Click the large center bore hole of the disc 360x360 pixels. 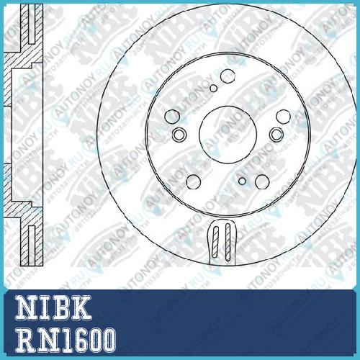pos(228,135)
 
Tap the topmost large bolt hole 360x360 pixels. pos(228,76)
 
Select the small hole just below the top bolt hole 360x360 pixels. pos(213,89)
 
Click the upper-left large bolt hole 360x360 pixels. pos(172,117)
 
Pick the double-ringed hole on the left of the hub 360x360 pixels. pos(179,135)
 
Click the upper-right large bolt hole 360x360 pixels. pos(284,117)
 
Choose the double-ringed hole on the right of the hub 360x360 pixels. pos(276,135)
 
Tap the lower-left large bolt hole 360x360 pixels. pos(194,181)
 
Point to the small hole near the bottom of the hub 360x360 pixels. pos(242,181)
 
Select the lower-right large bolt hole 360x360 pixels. pos(262,181)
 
